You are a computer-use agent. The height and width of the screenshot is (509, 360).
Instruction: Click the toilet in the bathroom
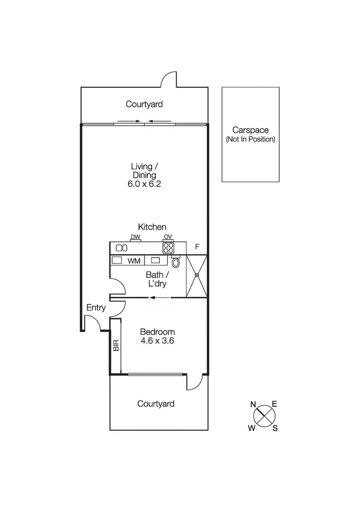176,262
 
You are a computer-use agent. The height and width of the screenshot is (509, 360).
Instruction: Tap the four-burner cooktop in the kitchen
168,248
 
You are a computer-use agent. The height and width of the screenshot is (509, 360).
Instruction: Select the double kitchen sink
122,248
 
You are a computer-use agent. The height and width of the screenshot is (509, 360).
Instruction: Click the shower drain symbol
196,275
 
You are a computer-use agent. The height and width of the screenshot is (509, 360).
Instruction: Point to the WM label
133,261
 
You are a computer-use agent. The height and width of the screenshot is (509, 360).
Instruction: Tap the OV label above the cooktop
168,237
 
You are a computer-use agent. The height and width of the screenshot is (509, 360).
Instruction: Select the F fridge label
196,247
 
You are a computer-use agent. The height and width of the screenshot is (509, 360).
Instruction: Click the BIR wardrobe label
116,346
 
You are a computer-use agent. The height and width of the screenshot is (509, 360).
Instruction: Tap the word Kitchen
152,226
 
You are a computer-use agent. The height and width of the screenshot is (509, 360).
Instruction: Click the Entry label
96,308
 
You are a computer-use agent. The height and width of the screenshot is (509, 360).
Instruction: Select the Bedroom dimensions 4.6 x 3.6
157,342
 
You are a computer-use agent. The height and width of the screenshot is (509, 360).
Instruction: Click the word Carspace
250,130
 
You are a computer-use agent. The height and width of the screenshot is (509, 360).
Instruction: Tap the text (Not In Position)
250,139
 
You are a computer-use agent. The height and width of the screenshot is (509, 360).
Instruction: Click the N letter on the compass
253,404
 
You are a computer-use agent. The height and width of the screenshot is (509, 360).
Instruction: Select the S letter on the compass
275,429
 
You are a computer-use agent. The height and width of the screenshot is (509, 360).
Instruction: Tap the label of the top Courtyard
144,104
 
